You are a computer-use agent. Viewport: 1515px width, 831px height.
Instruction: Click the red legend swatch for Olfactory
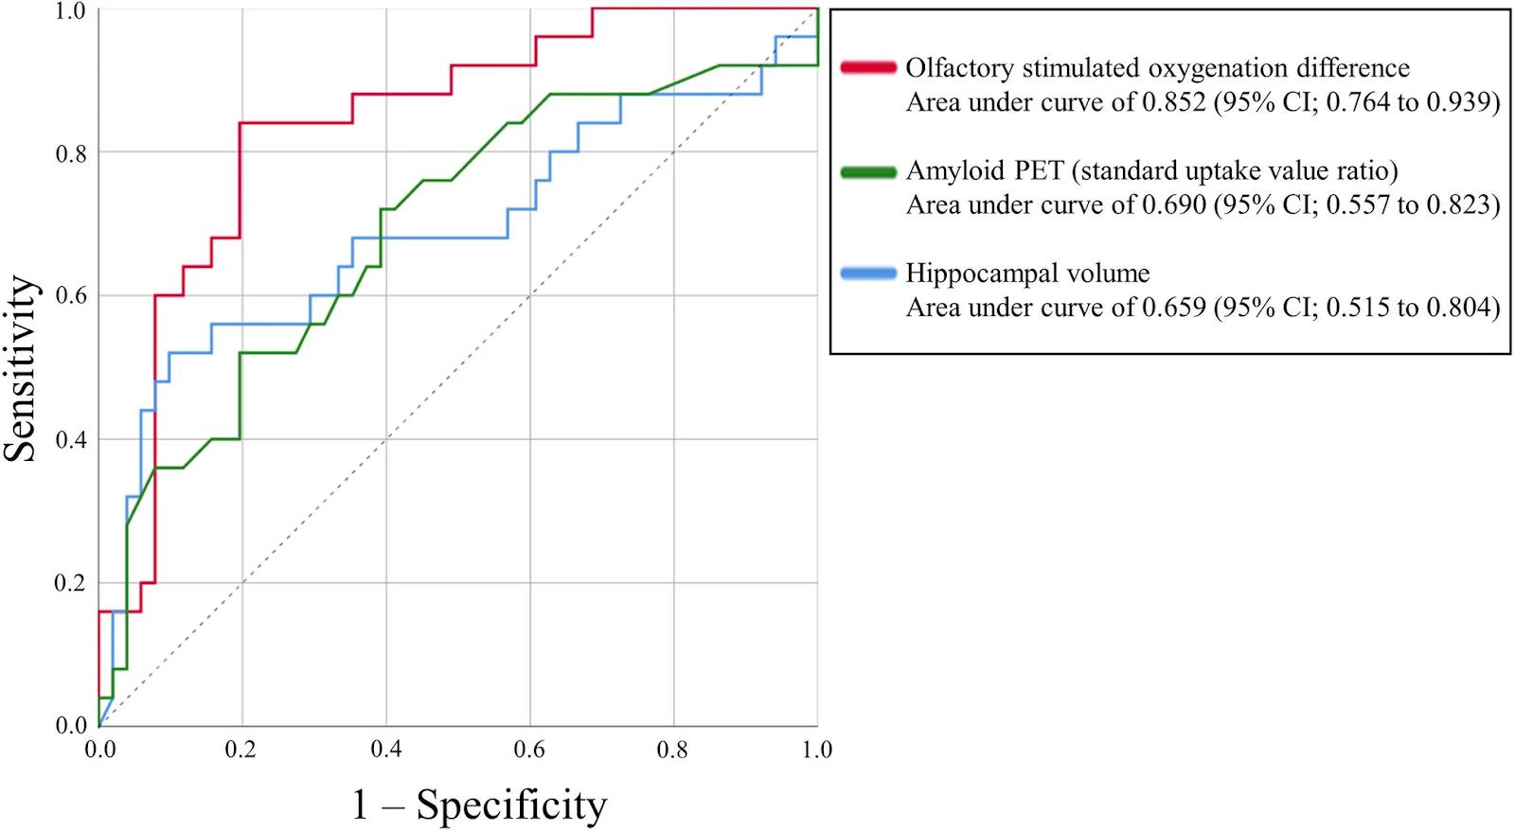[867, 67]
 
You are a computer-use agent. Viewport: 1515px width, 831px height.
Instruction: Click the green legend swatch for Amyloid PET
[867, 171]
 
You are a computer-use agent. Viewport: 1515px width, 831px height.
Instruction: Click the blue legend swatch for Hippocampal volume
[867, 274]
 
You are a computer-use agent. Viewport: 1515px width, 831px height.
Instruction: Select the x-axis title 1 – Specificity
[479, 804]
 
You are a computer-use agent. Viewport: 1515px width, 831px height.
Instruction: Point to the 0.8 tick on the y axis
[72, 153]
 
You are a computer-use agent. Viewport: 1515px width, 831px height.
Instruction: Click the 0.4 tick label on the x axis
[385, 751]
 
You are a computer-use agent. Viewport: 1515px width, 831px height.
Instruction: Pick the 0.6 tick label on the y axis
[72, 296]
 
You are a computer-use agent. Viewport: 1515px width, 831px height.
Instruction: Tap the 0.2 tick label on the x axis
[241, 751]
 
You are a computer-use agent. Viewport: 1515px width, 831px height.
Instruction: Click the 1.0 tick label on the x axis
[816, 751]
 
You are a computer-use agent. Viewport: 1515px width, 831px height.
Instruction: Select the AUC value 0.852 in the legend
[1174, 102]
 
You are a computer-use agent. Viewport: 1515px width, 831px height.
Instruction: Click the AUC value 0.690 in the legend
[1174, 205]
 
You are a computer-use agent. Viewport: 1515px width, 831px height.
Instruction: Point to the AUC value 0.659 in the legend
[1174, 308]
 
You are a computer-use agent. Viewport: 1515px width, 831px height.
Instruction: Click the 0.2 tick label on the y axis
[72, 583]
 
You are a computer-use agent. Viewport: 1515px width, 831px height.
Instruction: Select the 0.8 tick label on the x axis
[673, 751]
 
